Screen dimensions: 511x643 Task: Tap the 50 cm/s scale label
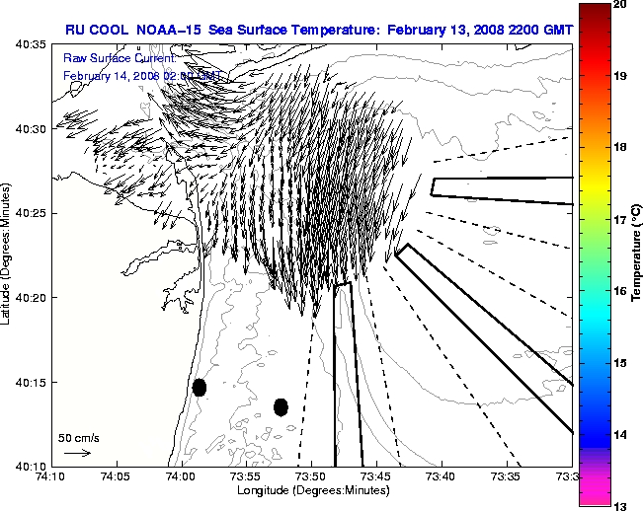point(78,437)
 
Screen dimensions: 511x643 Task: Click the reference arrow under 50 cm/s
point(77,453)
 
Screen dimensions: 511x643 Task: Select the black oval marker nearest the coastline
point(200,387)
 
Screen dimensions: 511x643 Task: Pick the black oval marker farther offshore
point(281,406)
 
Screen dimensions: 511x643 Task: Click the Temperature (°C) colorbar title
point(637,253)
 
